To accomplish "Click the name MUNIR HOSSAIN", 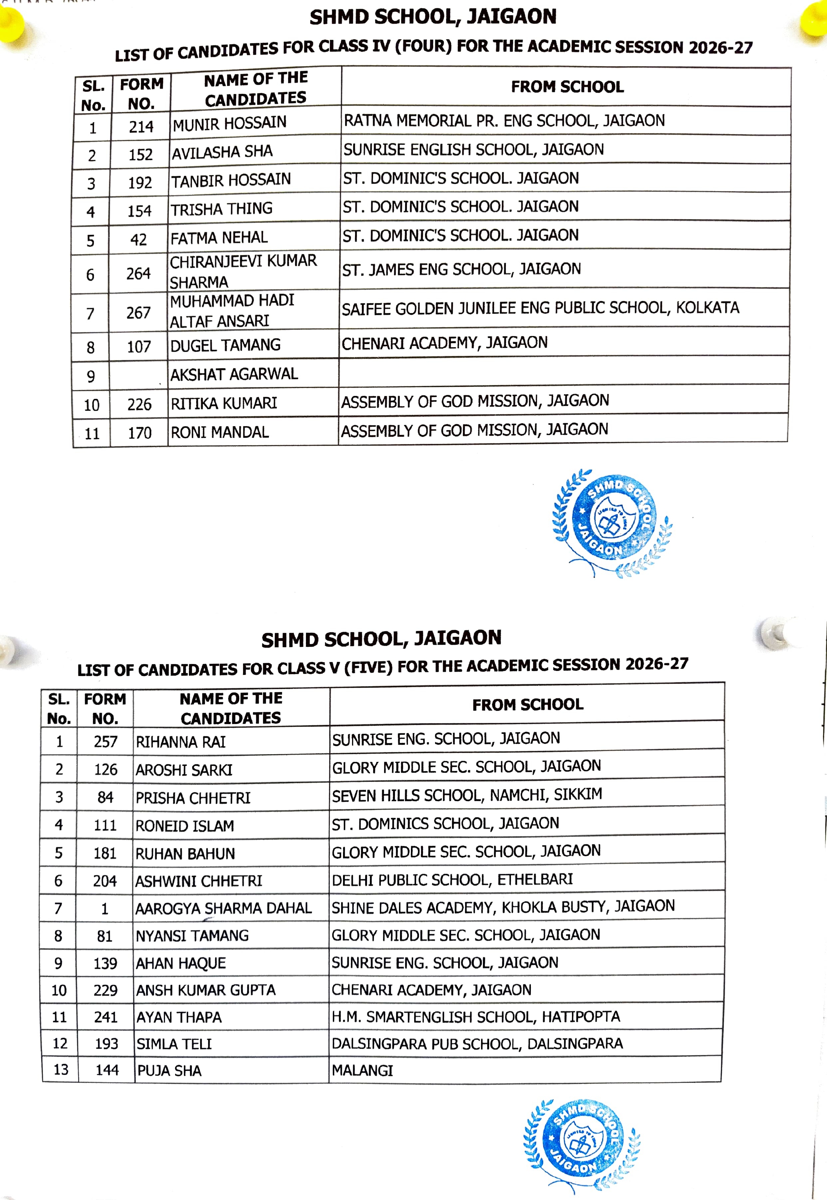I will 230,123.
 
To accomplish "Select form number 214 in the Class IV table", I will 141,127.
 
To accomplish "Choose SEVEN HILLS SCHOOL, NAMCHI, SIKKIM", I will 467,795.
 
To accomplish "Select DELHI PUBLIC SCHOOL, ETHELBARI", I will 452,880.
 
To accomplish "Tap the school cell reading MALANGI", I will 362,1070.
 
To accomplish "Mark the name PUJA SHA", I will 169,1071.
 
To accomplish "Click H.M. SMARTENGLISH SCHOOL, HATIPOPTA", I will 476,1016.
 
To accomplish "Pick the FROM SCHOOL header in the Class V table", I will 528,704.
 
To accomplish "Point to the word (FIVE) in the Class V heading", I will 369,667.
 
